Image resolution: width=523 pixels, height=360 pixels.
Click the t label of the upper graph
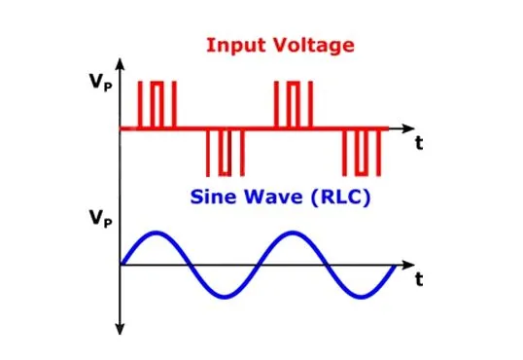[418, 144]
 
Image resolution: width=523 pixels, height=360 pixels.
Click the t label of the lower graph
[418, 280]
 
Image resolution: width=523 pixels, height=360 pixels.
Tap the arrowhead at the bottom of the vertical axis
[119, 329]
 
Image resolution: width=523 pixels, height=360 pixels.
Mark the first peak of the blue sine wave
[154, 234]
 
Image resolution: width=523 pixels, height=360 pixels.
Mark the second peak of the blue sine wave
[291, 234]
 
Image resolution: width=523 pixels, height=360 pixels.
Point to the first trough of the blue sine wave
[224, 295]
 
